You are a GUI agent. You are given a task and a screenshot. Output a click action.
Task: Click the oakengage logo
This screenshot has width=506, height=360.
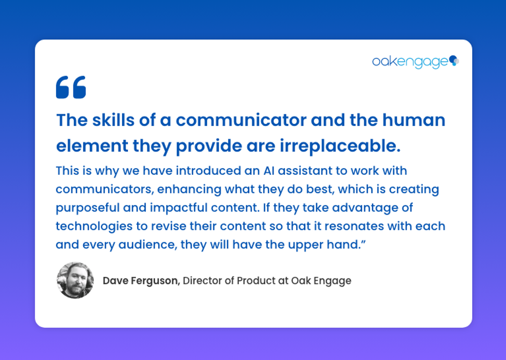pos(415,62)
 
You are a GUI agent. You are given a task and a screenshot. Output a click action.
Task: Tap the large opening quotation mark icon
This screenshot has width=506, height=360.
pos(71,87)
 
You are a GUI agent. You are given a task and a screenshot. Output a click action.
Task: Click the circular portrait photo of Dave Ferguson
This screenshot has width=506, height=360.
pos(75,280)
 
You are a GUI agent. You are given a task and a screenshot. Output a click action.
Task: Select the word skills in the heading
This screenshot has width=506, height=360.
pos(113,120)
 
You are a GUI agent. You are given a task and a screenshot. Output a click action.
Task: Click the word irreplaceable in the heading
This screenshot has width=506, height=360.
pos(340,146)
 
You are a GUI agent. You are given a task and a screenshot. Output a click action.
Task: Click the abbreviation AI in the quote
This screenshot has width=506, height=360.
pos(269,171)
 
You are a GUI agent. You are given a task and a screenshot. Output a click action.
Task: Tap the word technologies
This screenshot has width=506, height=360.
pos(94,226)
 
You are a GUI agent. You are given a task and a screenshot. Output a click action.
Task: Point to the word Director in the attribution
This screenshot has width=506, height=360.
pos(202,281)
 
